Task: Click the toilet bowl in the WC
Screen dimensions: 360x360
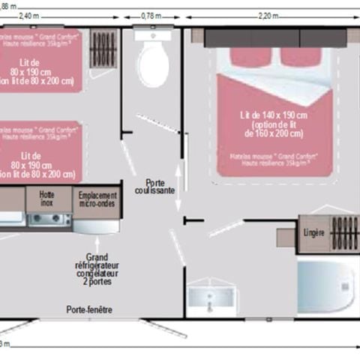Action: [x=153, y=64]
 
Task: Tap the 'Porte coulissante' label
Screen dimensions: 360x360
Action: [x=155, y=187]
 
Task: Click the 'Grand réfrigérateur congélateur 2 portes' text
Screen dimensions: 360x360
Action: [x=97, y=270]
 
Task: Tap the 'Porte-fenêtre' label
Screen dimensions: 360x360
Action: [x=89, y=309]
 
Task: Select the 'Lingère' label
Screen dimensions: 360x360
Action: [x=313, y=232]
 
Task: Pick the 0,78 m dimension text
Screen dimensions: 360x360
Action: [x=152, y=16]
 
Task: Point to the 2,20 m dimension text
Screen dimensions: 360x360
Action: [x=268, y=16]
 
